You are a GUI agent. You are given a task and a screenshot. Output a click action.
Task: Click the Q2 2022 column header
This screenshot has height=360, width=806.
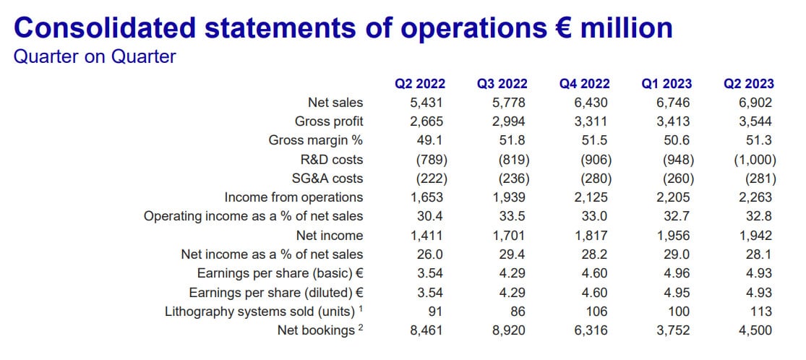(419, 84)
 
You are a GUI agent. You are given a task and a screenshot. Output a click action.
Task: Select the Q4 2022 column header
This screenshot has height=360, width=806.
(584, 84)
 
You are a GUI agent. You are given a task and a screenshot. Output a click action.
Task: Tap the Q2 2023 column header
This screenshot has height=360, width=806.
(748, 84)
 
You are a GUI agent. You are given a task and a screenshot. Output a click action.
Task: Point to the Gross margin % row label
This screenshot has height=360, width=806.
(315, 140)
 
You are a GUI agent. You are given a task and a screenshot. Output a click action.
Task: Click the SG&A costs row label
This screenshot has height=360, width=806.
(329, 178)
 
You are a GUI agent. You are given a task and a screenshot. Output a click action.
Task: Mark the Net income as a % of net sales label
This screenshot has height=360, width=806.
(272, 254)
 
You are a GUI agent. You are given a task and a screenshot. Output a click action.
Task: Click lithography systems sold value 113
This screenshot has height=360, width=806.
(761, 312)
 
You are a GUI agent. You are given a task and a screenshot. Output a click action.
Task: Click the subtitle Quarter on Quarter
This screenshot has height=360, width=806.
(95, 56)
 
